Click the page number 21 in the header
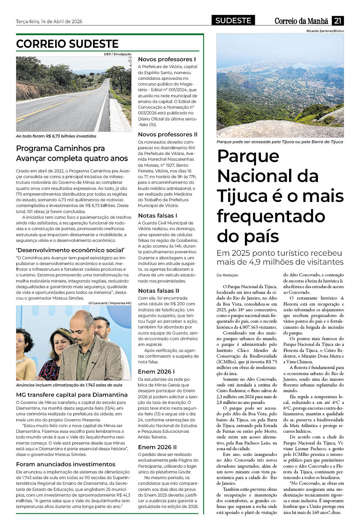tap(338, 21)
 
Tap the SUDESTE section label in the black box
tap(233, 21)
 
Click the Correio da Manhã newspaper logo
tap(302, 21)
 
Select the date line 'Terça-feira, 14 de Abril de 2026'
tap(49, 21)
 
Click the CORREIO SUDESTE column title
tap(67, 44)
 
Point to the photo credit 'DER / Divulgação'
tap(118, 54)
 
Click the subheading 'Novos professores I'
tap(167, 59)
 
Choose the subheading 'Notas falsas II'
tap(159, 291)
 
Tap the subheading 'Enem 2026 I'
tap(156, 371)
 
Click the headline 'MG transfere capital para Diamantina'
tap(72, 395)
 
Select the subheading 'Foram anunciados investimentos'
tap(66, 464)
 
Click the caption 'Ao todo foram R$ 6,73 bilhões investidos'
tap(56, 136)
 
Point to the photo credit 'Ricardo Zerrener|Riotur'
tap(325, 31)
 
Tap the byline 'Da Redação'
tap(227, 275)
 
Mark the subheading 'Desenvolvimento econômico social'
tap(70, 250)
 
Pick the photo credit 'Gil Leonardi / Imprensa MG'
tap(110, 303)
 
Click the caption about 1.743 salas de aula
tap(69, 385)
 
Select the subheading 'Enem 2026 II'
tap(157, 447)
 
